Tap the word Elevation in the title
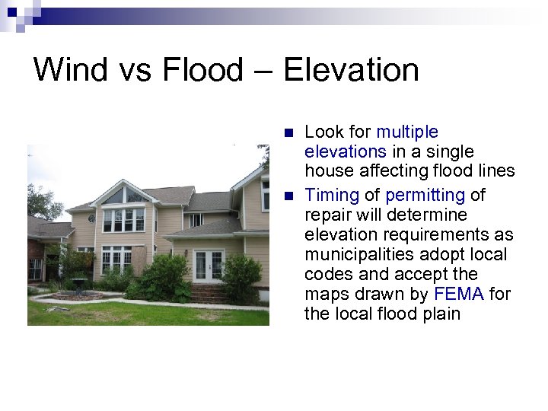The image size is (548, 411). tap(351, 70)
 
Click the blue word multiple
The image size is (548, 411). tap(407, 132)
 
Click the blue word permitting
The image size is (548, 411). tap(425, 195)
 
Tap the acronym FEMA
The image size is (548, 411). tap(459, 294)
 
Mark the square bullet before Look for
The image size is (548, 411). tap(288, 132)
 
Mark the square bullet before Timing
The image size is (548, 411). tap(288, 195)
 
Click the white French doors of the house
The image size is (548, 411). tap(209, 266)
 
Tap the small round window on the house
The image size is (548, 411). tap(91, 218)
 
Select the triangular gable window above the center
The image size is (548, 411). tap(126, 196)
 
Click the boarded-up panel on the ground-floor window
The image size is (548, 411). tap(139, 260)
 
